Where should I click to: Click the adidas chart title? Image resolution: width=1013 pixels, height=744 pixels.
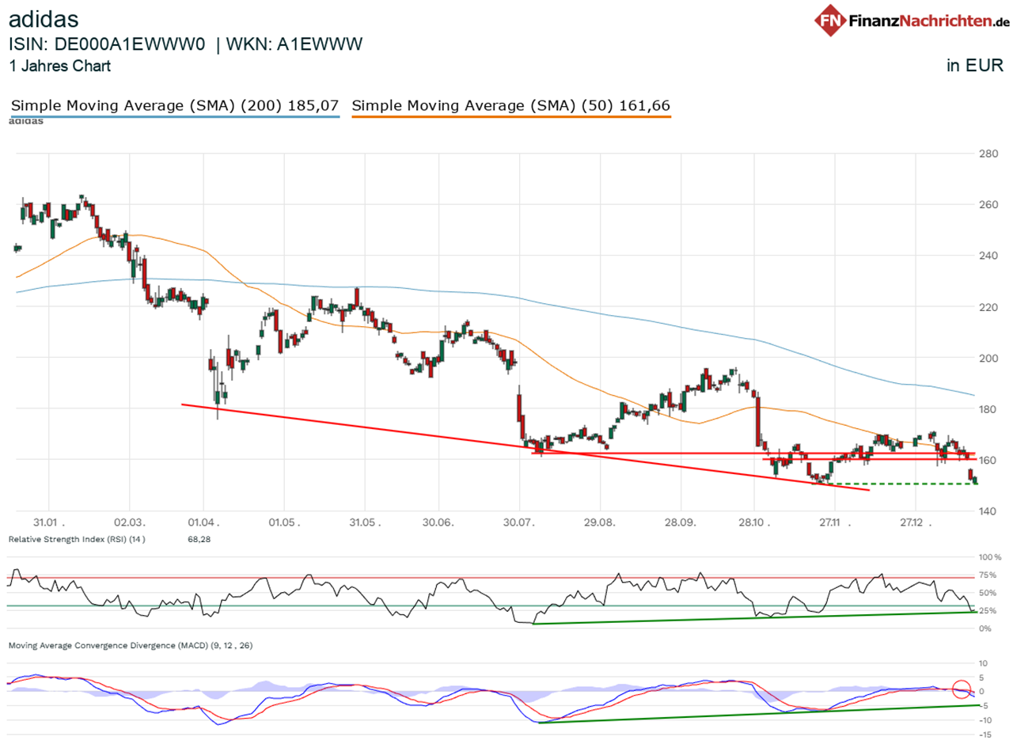(x=44, y=17)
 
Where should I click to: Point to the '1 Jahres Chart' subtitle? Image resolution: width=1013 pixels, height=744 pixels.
(x=60, y=66)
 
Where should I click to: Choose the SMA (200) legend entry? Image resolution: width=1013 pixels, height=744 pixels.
(x=175, y=105)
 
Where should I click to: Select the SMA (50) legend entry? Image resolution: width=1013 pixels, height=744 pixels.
(x=511, y=105)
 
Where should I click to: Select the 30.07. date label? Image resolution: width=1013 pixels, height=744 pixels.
(x=519, y=523)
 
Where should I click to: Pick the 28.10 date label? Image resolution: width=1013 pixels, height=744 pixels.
(x=753, y=523)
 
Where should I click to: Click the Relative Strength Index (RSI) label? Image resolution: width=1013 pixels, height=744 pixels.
(x=77, y=539)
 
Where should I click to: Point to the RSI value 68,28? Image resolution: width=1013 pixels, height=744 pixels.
(x=198, y=539)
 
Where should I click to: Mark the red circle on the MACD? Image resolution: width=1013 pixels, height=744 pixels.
(x=962, y=689)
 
